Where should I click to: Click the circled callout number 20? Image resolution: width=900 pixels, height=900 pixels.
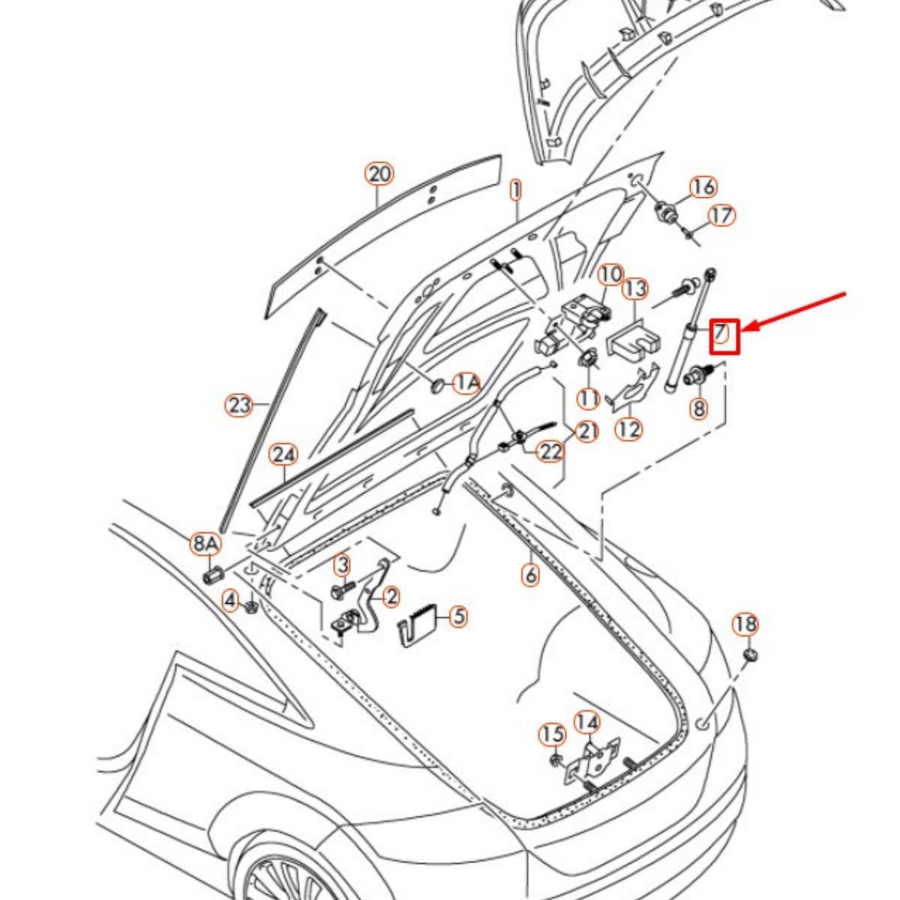point(379,175)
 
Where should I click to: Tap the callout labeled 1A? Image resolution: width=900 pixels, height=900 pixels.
point(468,384)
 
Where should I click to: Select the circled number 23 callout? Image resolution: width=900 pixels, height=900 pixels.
point(239,406)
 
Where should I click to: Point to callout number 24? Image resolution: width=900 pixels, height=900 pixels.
point(284,454)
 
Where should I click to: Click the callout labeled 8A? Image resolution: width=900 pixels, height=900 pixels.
point(205,544)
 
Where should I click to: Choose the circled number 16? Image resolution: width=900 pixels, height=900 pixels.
point(703,187)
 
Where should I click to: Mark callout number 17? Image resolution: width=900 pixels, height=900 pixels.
point(721,216)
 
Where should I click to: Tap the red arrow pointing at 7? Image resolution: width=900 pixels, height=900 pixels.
point(795,310)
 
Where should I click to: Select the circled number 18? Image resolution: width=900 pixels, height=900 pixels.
point(745,624)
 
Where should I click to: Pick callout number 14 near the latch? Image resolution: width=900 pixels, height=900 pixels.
point(587,723)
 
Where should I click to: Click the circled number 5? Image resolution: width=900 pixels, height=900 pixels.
point(457,616)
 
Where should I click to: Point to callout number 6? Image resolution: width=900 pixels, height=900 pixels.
point(530,575)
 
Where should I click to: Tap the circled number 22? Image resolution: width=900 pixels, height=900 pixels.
point(551,451)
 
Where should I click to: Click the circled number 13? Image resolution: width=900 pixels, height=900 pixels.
point(635,288)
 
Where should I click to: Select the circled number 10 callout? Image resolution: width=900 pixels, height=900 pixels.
point(610,274)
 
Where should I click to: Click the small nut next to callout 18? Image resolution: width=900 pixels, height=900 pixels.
point(750,656)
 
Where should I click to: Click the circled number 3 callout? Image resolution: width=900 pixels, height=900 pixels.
point(342,564)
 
